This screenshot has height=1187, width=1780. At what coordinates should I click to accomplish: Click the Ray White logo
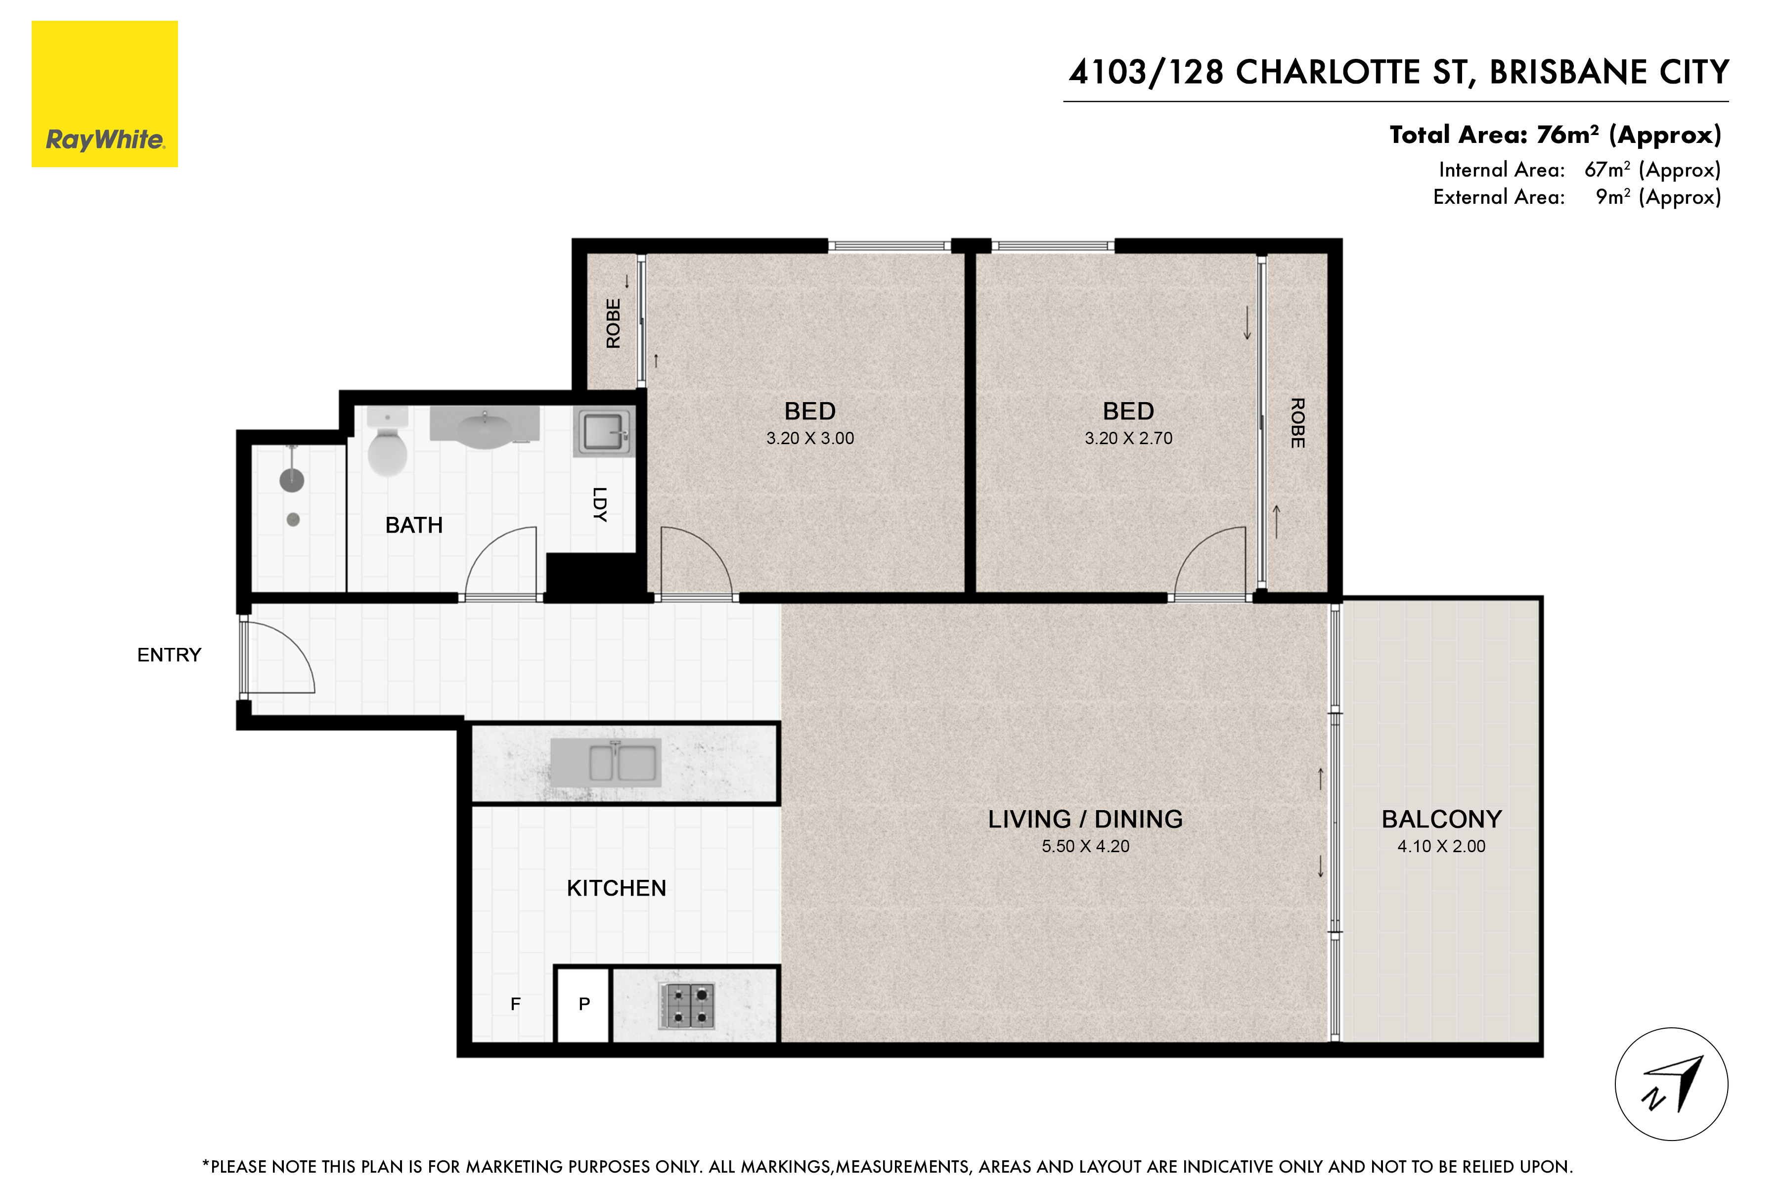point(104,94)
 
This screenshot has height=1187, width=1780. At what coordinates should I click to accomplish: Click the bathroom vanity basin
point(485,428)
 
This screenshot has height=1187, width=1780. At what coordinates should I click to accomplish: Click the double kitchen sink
point(605,762)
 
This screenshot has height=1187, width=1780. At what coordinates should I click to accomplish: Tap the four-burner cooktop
point(687,1006)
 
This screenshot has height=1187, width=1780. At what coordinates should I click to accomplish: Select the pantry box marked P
point(583,1004)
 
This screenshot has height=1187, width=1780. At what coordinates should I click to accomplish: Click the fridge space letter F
point(515,1004)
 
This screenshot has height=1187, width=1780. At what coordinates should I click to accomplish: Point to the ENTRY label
point(170,655)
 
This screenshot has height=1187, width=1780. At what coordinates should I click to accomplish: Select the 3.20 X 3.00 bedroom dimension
point(810,438)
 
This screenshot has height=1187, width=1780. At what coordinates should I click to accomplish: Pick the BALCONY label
point(1442,819)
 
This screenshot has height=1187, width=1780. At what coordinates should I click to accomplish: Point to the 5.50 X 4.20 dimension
point(1085,846)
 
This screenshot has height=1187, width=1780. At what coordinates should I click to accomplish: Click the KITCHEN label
point(617,888)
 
